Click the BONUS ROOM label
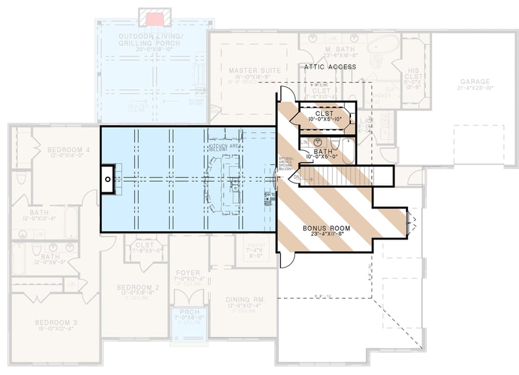coord(326,229)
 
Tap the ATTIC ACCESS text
coord(330,67)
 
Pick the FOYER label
coord(188,273)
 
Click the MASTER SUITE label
coord(254,69)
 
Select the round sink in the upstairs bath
coord(319,141)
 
